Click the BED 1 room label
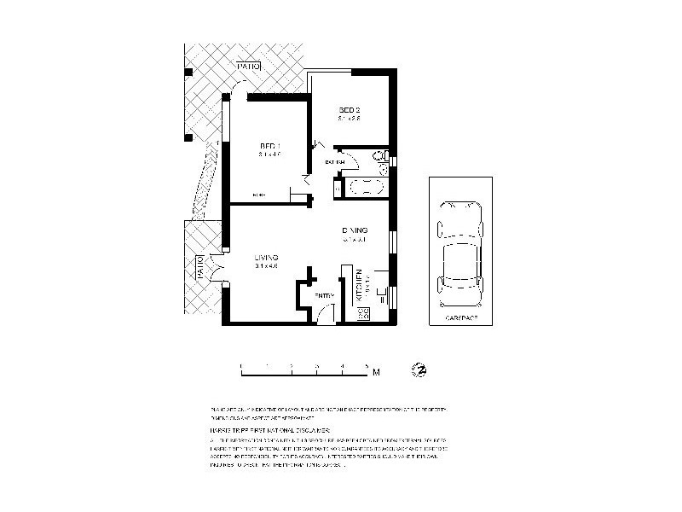[270, 147]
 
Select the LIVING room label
[266, 257]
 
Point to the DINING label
[355, 230]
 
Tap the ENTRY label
[324, 295]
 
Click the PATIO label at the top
[248, 66]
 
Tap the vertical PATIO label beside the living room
[200, 267]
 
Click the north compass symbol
[419, 369]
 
